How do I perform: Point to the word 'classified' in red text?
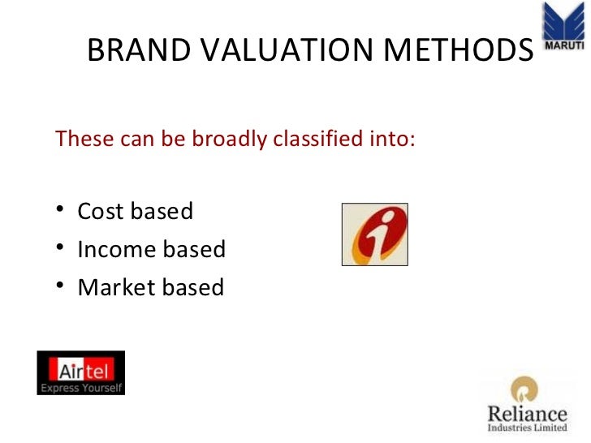click(313, 140)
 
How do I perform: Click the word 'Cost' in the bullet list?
click(101, 212)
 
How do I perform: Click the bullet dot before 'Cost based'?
click(61, 213)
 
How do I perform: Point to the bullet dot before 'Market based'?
click(61, 288)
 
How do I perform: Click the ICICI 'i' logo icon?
click(374, 234)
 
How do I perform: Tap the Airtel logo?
click(81, 372)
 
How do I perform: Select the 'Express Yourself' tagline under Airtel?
click(81, 388)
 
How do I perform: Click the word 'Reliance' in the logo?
click(527, 413)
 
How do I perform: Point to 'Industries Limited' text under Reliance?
click(527, 428)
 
